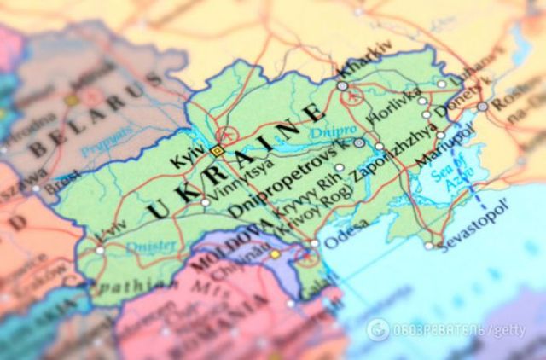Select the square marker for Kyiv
click(217, 151)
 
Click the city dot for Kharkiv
click(342, 86)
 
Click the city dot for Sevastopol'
click(429, 246)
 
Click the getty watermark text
click(507, 330)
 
